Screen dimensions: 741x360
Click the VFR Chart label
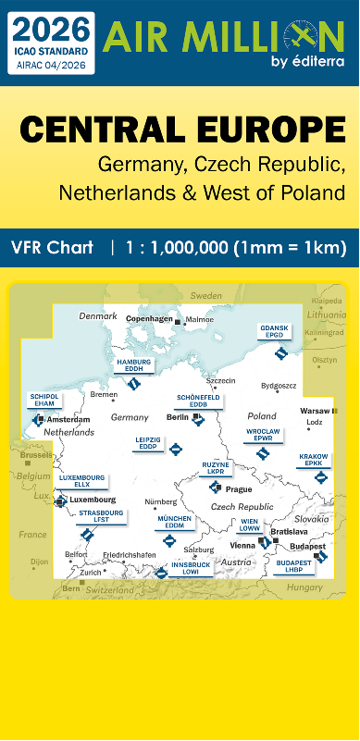pos(53,247)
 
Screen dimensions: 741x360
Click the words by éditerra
pos(304,62)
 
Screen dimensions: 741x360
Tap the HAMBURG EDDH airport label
pos(135,364)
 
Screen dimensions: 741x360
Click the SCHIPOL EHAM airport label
pos(45,400)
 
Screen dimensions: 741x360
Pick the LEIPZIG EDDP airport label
pos(149,443)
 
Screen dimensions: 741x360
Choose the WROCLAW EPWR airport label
pos(264,435)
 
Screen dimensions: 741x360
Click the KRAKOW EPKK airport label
pos(314,460)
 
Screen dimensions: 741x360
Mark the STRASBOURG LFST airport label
pos(101,515)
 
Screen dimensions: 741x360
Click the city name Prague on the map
pos(239,488)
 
